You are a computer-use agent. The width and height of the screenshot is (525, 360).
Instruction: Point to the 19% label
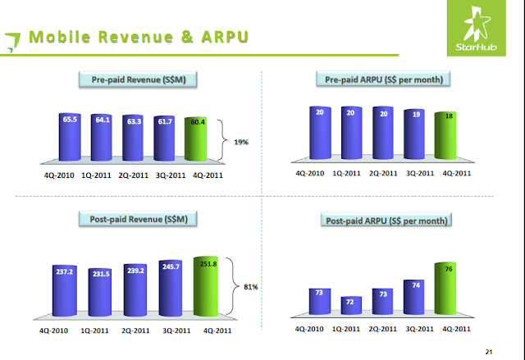(240, 142)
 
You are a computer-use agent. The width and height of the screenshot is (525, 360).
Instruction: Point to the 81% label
(250, 286)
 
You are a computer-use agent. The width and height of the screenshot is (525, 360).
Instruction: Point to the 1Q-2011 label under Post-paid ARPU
(350, 330)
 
